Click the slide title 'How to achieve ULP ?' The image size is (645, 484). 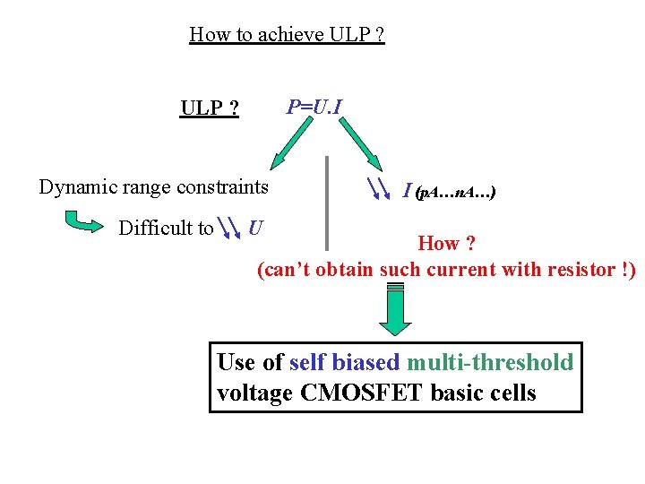[287, 35]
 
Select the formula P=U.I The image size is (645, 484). [314, 108]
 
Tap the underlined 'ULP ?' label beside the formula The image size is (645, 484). [210, 109]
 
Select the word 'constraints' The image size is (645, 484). [221, 187]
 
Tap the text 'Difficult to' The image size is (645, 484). [166, 229]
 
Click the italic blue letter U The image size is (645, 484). [255, 228]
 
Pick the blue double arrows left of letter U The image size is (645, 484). [230, 229]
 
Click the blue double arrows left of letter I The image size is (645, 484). [380, 188]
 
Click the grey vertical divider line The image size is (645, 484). [328, 203]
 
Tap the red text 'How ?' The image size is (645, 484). [446, 244]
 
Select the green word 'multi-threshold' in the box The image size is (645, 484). [489, 362]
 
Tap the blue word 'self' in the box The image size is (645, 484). [307, 362]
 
